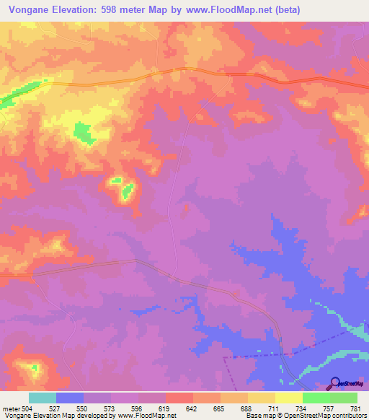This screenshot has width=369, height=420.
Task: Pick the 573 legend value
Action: point(111,408)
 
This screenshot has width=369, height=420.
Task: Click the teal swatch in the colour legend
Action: point(43,398)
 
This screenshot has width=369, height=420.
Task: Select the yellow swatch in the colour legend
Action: point(289,398)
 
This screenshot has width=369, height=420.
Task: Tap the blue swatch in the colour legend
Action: point(70,398)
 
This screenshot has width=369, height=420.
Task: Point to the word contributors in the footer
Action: point(347,416)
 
